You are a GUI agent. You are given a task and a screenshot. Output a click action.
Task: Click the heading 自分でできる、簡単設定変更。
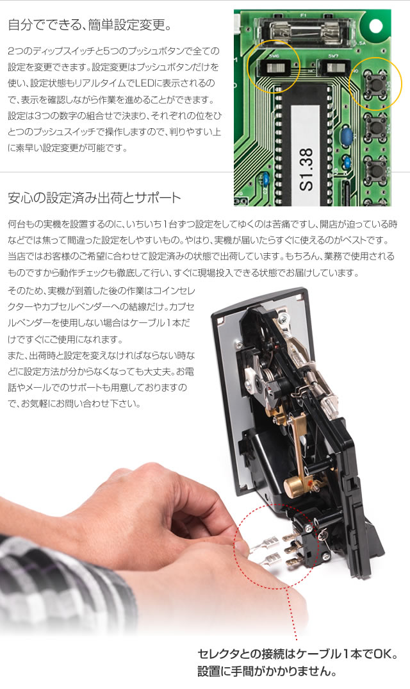point(89,26)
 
